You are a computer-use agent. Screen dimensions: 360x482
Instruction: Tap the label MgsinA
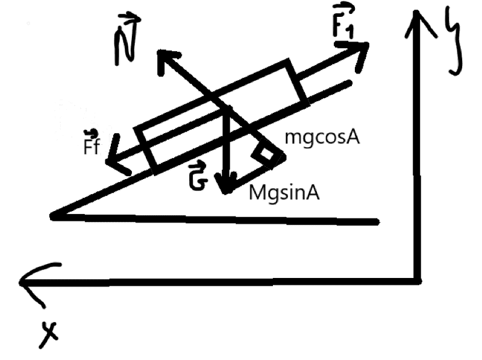click(x=284, y=194)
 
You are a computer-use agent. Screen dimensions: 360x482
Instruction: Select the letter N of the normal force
click(x=125, y=43)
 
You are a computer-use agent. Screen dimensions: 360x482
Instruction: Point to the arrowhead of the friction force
click(x=114, y=163)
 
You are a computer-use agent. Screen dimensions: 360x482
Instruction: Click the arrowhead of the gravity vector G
click(x=226, y=184)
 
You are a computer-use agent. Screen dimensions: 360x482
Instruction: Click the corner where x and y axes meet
click(x=416, y=279)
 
